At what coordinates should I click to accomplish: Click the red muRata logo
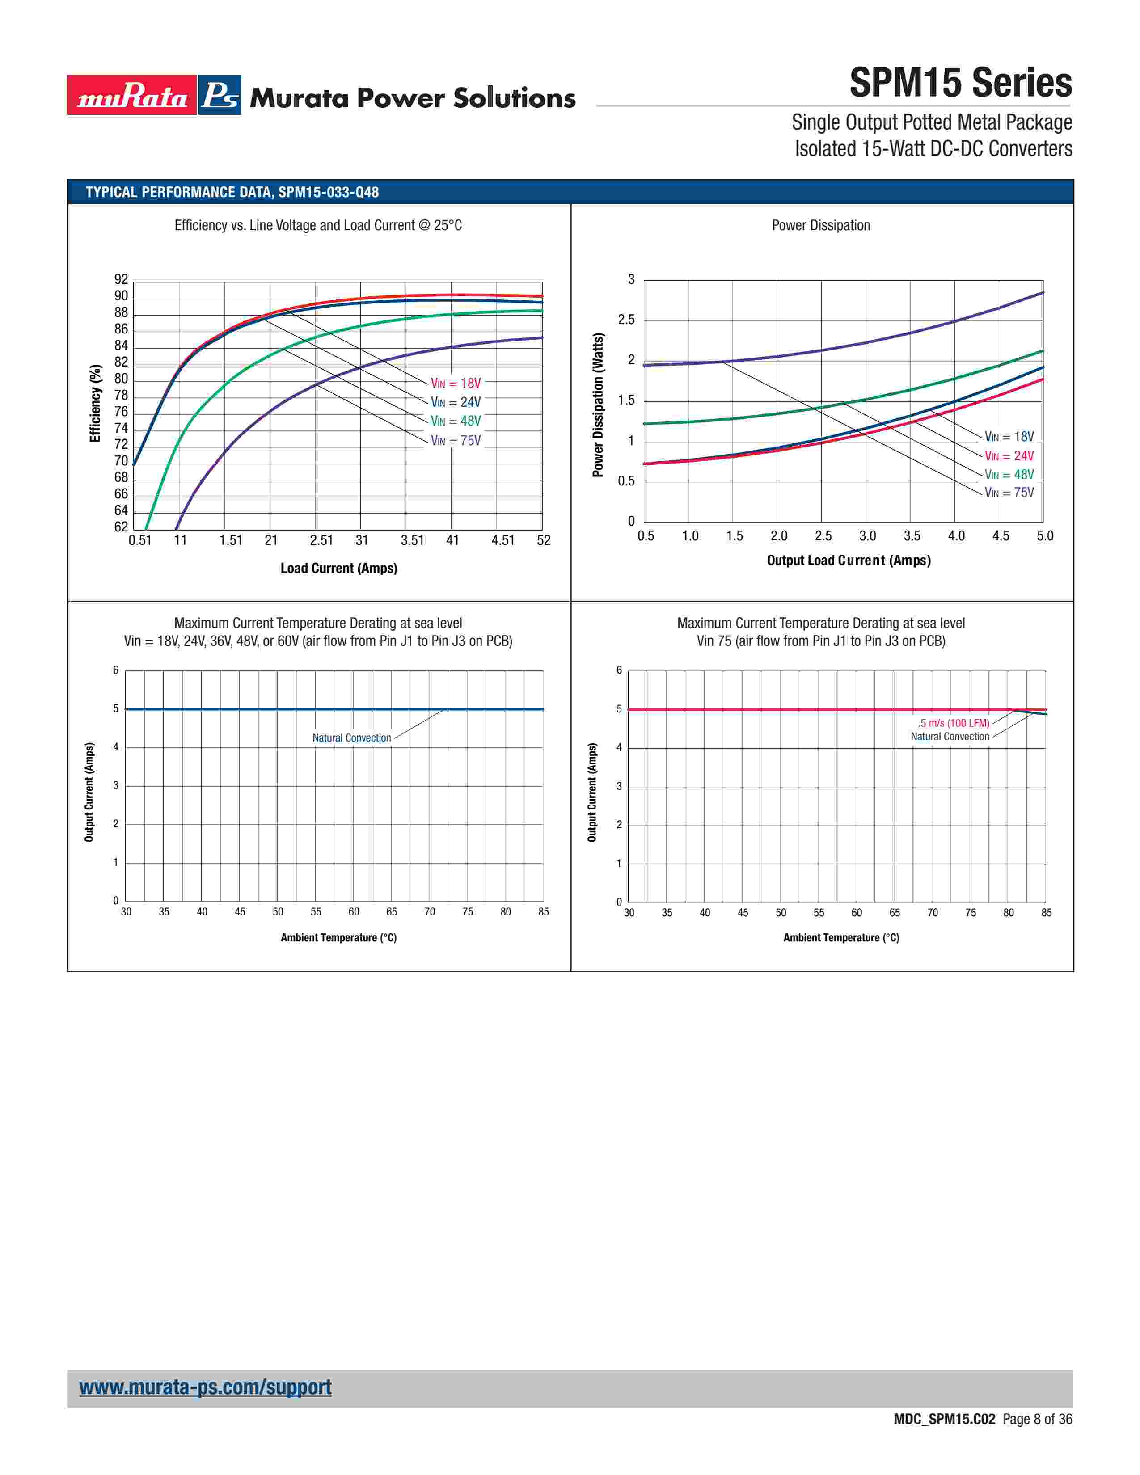132,95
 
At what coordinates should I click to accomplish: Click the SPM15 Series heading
960,83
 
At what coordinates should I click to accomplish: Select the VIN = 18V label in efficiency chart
456,383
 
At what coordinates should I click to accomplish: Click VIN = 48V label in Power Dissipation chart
1009,475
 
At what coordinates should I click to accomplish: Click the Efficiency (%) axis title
95,403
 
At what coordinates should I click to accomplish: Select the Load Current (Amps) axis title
339,569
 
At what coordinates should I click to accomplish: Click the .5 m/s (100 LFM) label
953,723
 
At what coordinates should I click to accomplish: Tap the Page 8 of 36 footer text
1037,1420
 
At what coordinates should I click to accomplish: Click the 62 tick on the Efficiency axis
121,527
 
